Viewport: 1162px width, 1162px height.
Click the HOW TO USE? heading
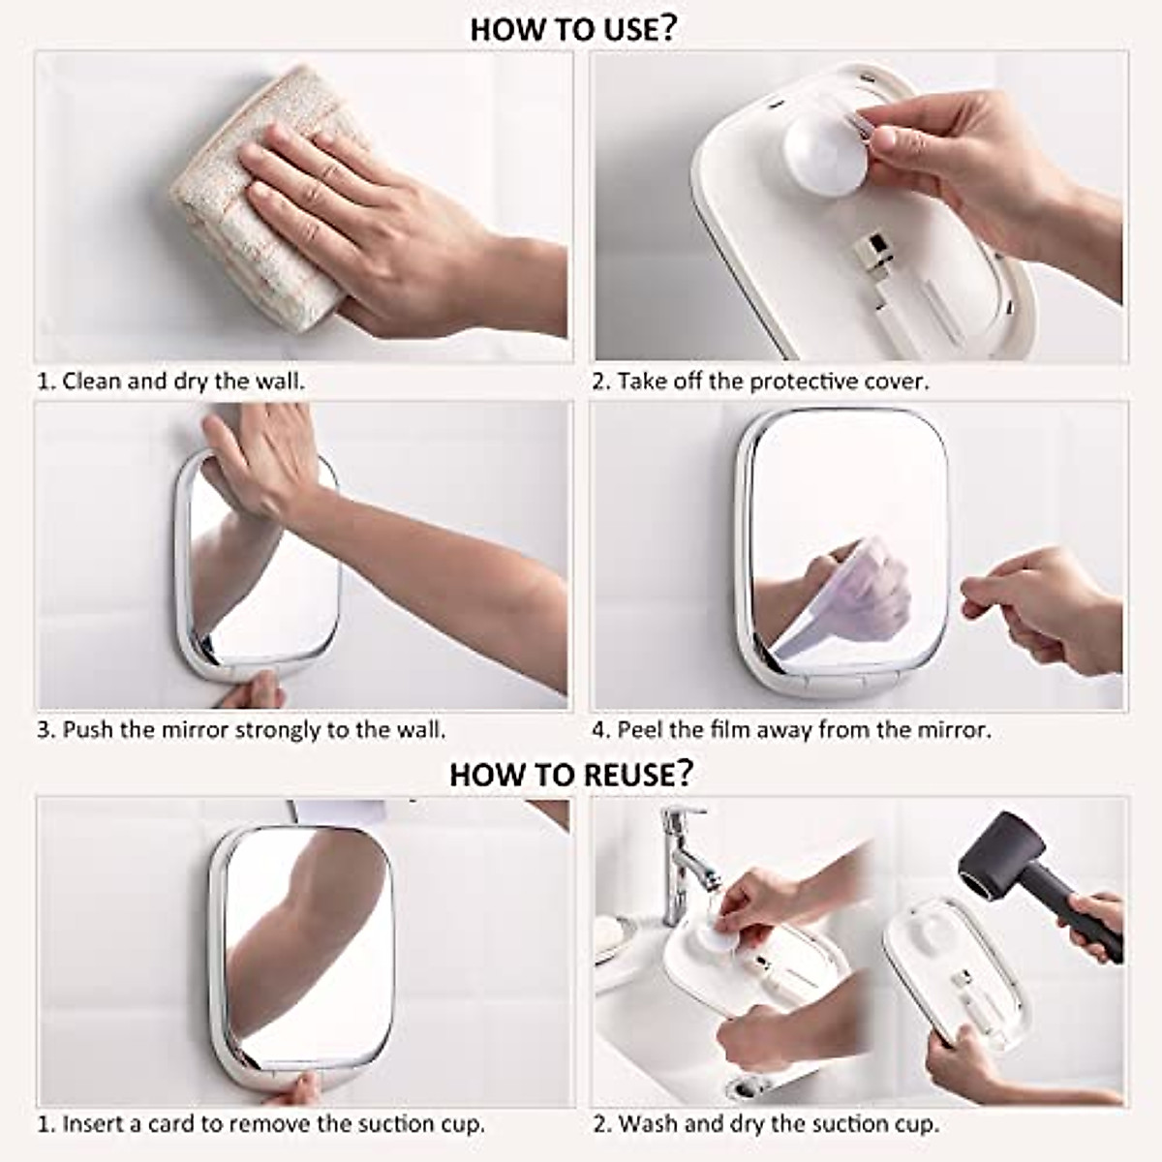[573, 29]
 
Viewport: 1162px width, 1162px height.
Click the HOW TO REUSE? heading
[571, 774]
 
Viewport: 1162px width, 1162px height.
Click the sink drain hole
[748, 1087]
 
